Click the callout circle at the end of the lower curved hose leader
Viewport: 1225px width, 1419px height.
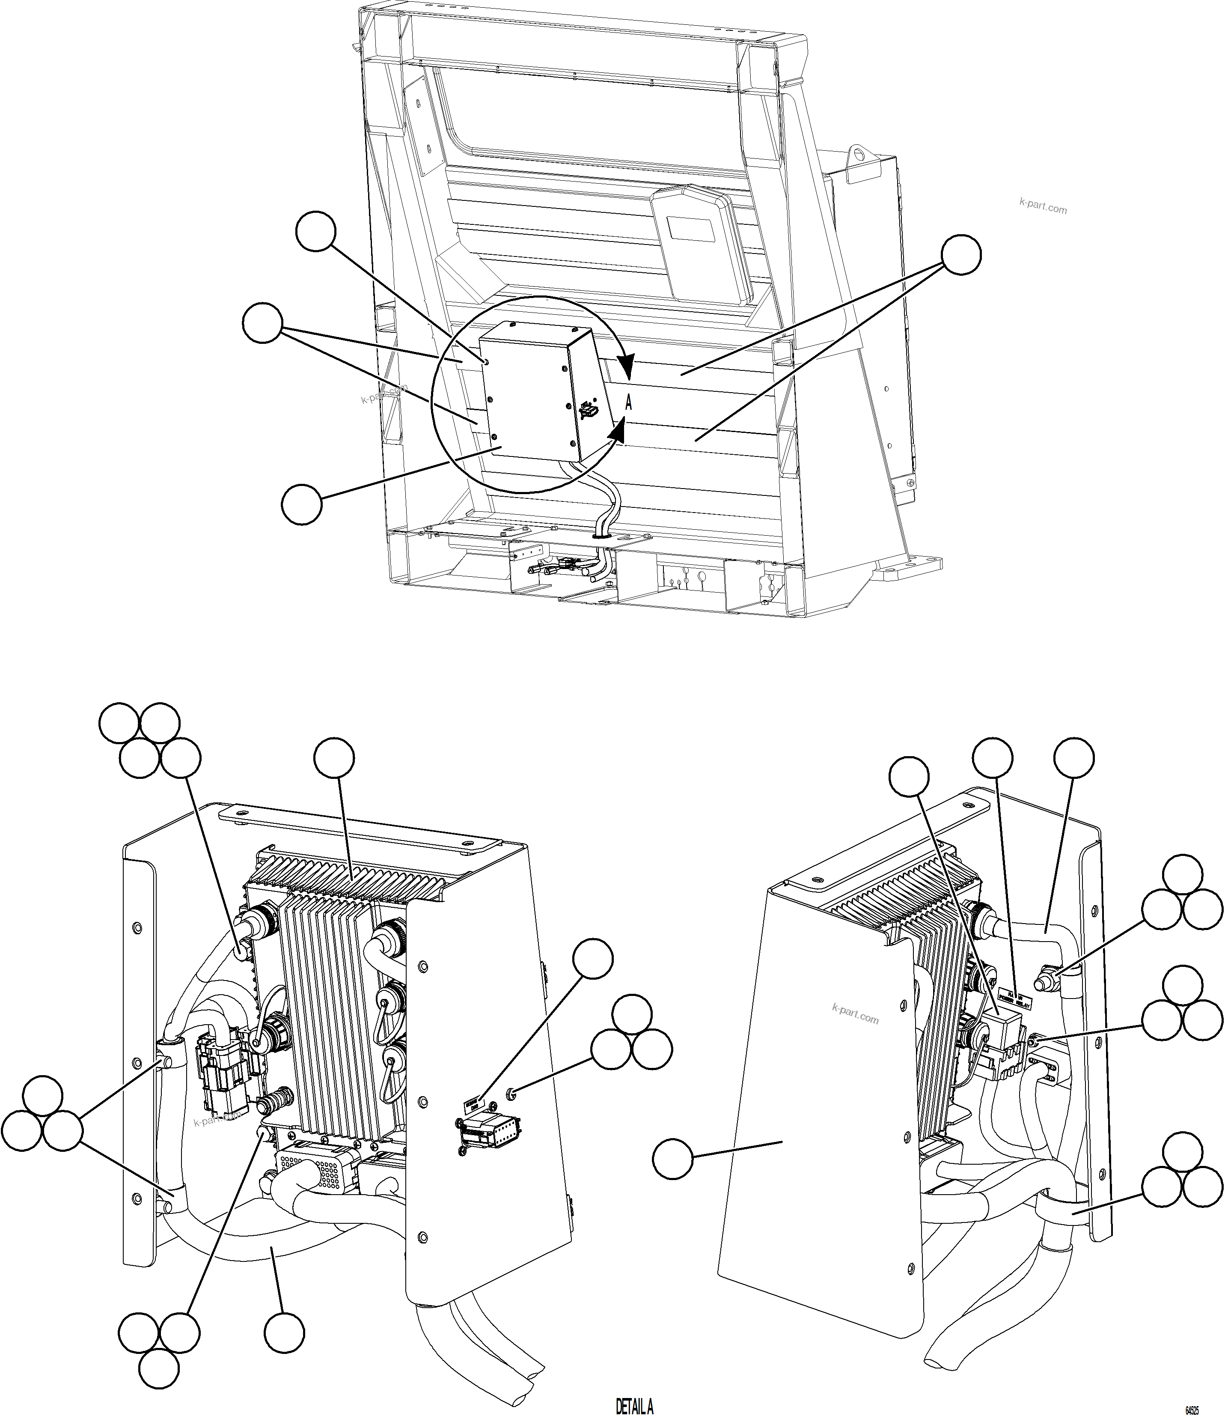click(283, 1333)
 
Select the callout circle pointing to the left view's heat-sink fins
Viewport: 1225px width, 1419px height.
click(334, 758)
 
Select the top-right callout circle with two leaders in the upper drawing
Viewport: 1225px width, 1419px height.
click(961, 255)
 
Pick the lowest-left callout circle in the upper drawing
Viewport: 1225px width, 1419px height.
click(301, 505)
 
